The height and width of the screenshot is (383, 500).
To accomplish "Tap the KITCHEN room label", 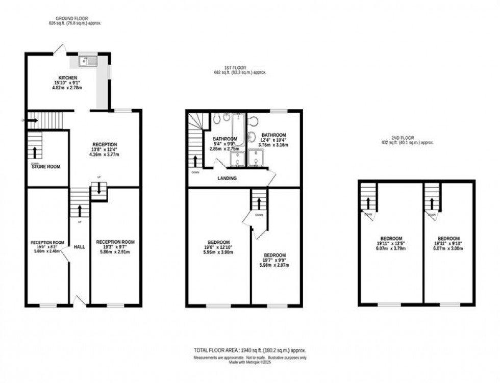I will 67,78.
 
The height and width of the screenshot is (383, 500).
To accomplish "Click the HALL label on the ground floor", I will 79,247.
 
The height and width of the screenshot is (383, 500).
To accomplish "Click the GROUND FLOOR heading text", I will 71,18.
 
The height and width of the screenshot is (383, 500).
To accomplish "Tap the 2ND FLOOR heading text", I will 408,138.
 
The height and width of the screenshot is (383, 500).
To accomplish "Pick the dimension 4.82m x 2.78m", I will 67,88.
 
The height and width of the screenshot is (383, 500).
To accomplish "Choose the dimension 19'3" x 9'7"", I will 115,246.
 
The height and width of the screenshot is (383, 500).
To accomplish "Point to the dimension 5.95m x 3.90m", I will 219,252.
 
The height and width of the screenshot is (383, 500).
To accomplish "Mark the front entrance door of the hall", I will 80,301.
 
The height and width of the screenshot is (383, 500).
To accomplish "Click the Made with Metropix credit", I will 249,362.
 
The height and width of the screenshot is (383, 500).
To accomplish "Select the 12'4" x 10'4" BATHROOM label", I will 274,135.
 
